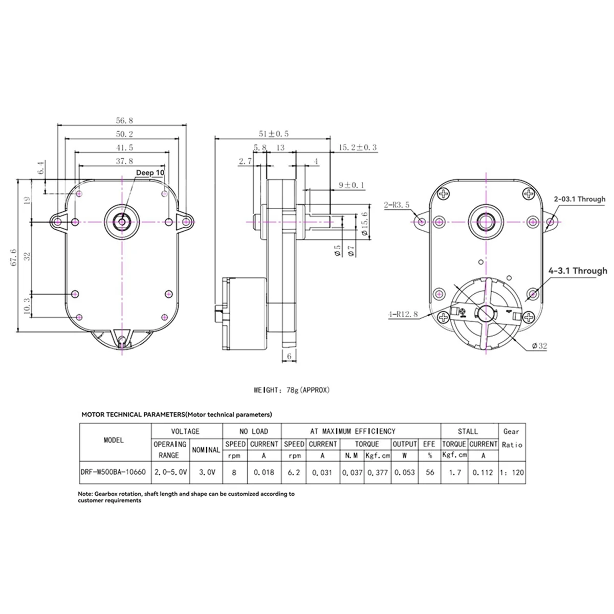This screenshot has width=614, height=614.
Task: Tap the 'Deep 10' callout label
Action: coord(150,173)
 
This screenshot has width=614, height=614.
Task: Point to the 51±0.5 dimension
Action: coord(274,134)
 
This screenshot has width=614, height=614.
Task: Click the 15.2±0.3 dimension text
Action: coord(357,147)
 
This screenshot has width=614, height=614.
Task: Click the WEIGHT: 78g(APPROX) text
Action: coord(292,390)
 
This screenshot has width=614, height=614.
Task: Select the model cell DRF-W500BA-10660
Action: coord(114,472)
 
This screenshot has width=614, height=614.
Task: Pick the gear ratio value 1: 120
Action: coord(511,472)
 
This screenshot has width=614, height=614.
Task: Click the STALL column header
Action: coord(468,431)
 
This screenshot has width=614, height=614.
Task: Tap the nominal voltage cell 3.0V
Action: coord(206,472)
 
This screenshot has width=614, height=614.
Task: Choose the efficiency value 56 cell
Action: coord(429,472)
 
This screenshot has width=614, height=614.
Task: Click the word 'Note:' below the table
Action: coord(85,494)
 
